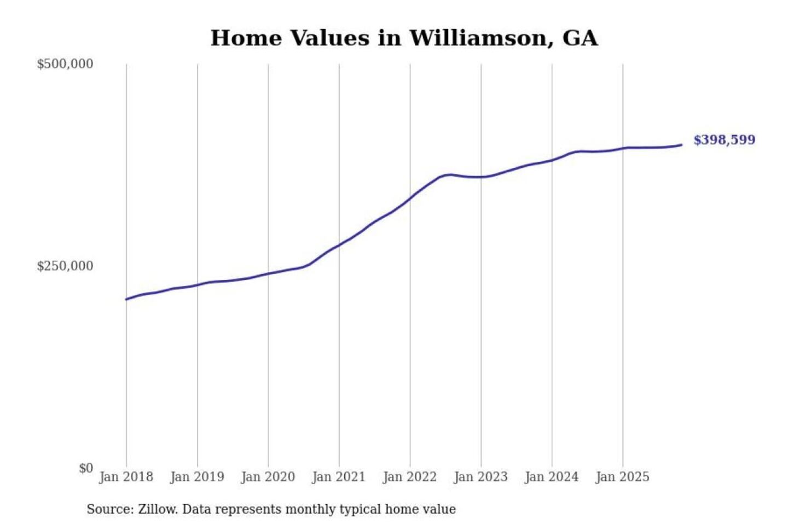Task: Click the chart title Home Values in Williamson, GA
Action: pyautogui.click(x=404, y=38)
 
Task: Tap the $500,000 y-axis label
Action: pyautogui.click(x=65, y=64)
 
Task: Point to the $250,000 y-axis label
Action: pyautogui.click(x=65, y=266)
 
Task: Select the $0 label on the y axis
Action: pyautogui.click(x=86, y=468)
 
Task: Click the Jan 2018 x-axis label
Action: pyautogui.click(x=126, y=477)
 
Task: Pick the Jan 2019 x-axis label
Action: pyautogui.click(x=197, y=477)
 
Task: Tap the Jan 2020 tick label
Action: pyautogui.click(x=268, y=477)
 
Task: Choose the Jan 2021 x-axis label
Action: pyautogui.click(x=339, y=477)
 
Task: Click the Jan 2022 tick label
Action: pyautogui.click(x=410, y=477)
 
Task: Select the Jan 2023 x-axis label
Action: pyautogui.click(x=481, y=477)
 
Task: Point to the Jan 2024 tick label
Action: pyautogui.click(x=552, y=477)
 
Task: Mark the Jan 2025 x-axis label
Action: pyautogui.click(x=623, y=477)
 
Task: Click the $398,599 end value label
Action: pyautogui.click(x=724, y=140)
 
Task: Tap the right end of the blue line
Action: pyautogui.click(x=681, y=145)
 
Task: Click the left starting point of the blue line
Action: pyautogui.click(x=126, y=299)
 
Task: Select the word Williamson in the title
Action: pyautogui.click(x=478, y=38)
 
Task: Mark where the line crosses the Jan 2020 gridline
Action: pyautogui.click(x=268, y=273)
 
